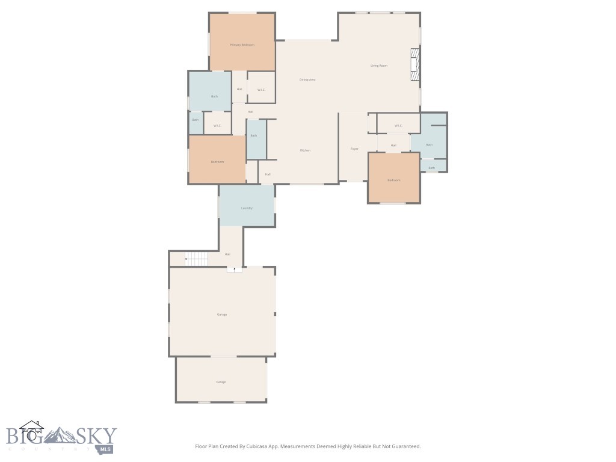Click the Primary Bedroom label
pyautogui.click(x=242, y=45)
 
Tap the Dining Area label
pyautogui.click(x=307, y=79)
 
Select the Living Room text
pyautogui.click(x=378, y=66)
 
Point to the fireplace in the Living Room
pyautogui.click(x=414, y=64)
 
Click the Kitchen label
pyautogui.click(x=305, y=150)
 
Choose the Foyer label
pyautogui.click(x=354, y=149)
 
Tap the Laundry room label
pyautogui.click(x=247, y=208)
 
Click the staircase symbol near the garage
pyautogui.click(x=196, y=259)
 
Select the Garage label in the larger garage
pyautogui.click(x=222, y=315)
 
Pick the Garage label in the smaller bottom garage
pyautogui.click(x=221, y=382)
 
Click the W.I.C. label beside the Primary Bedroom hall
pyautogui.click(x=261, y=90)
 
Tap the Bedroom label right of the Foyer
pyautogui.click(x=394, y=180)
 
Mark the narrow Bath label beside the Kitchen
pyautogui.click(x=254, y=135)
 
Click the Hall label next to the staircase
pyautogui.click(x=227, y=254)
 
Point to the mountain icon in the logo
pyautogui.click(x=60, y=435)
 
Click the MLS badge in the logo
pyautogui.click(x=106, y=449)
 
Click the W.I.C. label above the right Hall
pyautogui.click(x=398, y=126)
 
